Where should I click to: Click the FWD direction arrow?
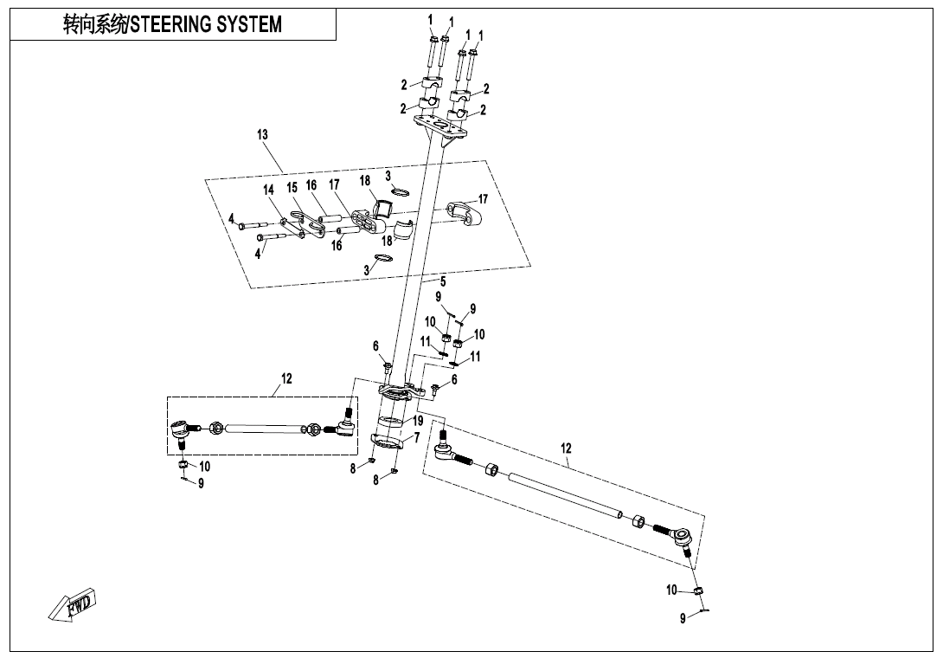[73, 604]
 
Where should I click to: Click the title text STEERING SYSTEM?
[172, 24]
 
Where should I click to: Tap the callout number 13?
[262, 134]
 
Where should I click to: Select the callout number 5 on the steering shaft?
[442, 281]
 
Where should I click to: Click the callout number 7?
[416, 438]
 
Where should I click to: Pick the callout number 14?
[268, 190]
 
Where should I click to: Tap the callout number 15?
[292, 187]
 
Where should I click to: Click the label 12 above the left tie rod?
[286, 378]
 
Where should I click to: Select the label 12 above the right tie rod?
[566, 448]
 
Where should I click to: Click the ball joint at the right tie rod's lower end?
[682, 538]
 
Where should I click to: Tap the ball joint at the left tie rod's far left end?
[180, 428]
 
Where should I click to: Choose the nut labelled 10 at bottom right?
[702, 590]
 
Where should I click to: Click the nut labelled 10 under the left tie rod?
[183, 467]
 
